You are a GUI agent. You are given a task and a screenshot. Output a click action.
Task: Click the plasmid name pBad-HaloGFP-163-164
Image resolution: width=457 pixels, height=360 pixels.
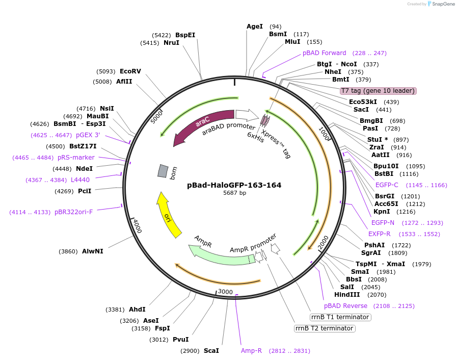(234, 185)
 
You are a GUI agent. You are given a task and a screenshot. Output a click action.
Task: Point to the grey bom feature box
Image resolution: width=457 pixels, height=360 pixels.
(163, 171)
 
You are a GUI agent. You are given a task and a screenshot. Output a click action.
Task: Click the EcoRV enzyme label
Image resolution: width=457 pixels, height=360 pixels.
(130, 71)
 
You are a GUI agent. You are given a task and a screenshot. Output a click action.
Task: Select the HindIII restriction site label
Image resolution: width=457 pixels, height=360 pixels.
(347, 295)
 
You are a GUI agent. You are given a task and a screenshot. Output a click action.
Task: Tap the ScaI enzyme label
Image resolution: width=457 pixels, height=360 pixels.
(211, 351)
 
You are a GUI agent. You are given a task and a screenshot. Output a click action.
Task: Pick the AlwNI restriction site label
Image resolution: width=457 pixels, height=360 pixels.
(92, 251)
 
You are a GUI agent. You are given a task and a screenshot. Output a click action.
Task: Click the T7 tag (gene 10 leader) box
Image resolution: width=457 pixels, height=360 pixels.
(379, 91)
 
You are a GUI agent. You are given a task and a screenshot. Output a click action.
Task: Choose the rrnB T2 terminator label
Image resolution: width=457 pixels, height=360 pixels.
(325, 328)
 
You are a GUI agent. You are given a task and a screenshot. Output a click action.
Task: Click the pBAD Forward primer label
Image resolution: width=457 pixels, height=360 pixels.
(325, 53)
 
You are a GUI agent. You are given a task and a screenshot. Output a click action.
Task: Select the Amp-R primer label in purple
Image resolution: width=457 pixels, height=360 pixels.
(251, 351)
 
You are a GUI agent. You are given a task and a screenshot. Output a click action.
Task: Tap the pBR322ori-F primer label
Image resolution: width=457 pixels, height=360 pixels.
(74, 212)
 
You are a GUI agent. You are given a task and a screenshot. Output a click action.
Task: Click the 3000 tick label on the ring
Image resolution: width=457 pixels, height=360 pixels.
(225, 291)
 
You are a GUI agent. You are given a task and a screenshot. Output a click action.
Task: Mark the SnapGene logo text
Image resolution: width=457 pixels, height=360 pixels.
(441, 4)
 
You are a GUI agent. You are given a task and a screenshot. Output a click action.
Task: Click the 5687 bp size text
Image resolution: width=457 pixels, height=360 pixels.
(234, 193)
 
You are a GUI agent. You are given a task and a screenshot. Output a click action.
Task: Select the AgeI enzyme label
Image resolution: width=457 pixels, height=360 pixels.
(255, 27)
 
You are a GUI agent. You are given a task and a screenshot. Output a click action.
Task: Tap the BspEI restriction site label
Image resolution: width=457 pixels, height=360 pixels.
(185, 35)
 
